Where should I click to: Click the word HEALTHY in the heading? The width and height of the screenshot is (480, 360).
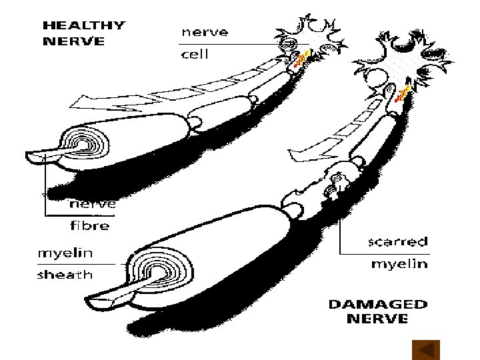click(x=83, y=26)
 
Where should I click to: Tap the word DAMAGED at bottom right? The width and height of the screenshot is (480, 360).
click(x=377, y=305)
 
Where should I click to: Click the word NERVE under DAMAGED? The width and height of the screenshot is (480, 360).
click(x=377, y=319)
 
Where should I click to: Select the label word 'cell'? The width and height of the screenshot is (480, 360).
click(x=195, y=55)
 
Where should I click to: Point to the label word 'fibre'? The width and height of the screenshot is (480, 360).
click(x=89, y=225)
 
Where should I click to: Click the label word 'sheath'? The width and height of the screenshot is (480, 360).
click(x=65, y=274)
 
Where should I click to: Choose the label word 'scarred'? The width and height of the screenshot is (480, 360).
click(x=399, y=241)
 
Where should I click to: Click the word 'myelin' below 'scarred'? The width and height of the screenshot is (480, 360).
click(x=399, y=264)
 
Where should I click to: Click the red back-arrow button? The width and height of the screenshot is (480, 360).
click(x=425, y=349)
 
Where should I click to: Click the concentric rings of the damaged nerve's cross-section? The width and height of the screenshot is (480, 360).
click(x=160, y=270)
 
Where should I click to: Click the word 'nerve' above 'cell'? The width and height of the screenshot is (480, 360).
click(x=205, y=32)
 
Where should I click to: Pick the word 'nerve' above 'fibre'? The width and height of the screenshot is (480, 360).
click(x=93, y=204)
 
